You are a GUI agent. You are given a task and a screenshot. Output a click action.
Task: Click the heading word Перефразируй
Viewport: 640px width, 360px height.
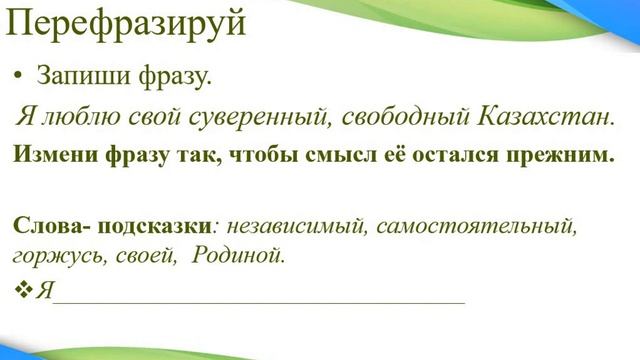pos(126,22)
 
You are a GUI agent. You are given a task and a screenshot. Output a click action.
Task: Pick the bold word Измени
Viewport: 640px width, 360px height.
pos(50,155)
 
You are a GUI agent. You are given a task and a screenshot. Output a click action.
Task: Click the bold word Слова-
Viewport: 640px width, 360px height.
pos(46,226)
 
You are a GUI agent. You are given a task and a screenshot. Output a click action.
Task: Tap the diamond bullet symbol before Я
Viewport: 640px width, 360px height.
pos(24,290)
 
